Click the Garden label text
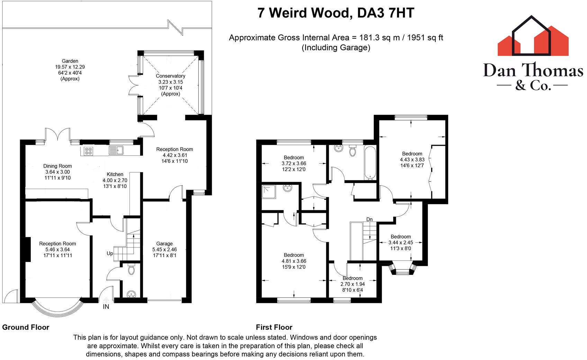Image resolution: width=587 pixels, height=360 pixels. click(x=70, y=61)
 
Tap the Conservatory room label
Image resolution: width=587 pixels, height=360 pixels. click(x=170, y=76)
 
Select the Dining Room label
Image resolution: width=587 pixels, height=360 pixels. click(x=57, y=166)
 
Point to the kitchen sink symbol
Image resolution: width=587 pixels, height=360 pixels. click(x=116, y=150)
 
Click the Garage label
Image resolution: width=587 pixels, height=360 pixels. click(x=164, y=243)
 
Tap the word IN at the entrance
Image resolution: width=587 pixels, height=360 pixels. click(x=106, y=307)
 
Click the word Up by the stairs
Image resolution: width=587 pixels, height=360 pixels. click(x=110, y=253)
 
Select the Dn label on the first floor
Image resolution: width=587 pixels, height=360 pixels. click(x=370, y=219)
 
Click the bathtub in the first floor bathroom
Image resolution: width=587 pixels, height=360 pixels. click(x=370, y=163)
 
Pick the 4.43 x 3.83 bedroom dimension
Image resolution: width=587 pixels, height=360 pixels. click(x=412, y=160)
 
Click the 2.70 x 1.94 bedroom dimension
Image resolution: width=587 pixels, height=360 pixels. click(x=353, y=284)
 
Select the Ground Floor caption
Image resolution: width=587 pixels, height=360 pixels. click(x=26, y=327)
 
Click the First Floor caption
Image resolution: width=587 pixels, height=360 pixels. click(x=274, y=327)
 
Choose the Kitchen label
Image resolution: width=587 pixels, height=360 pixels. click(x=115, y=174)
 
